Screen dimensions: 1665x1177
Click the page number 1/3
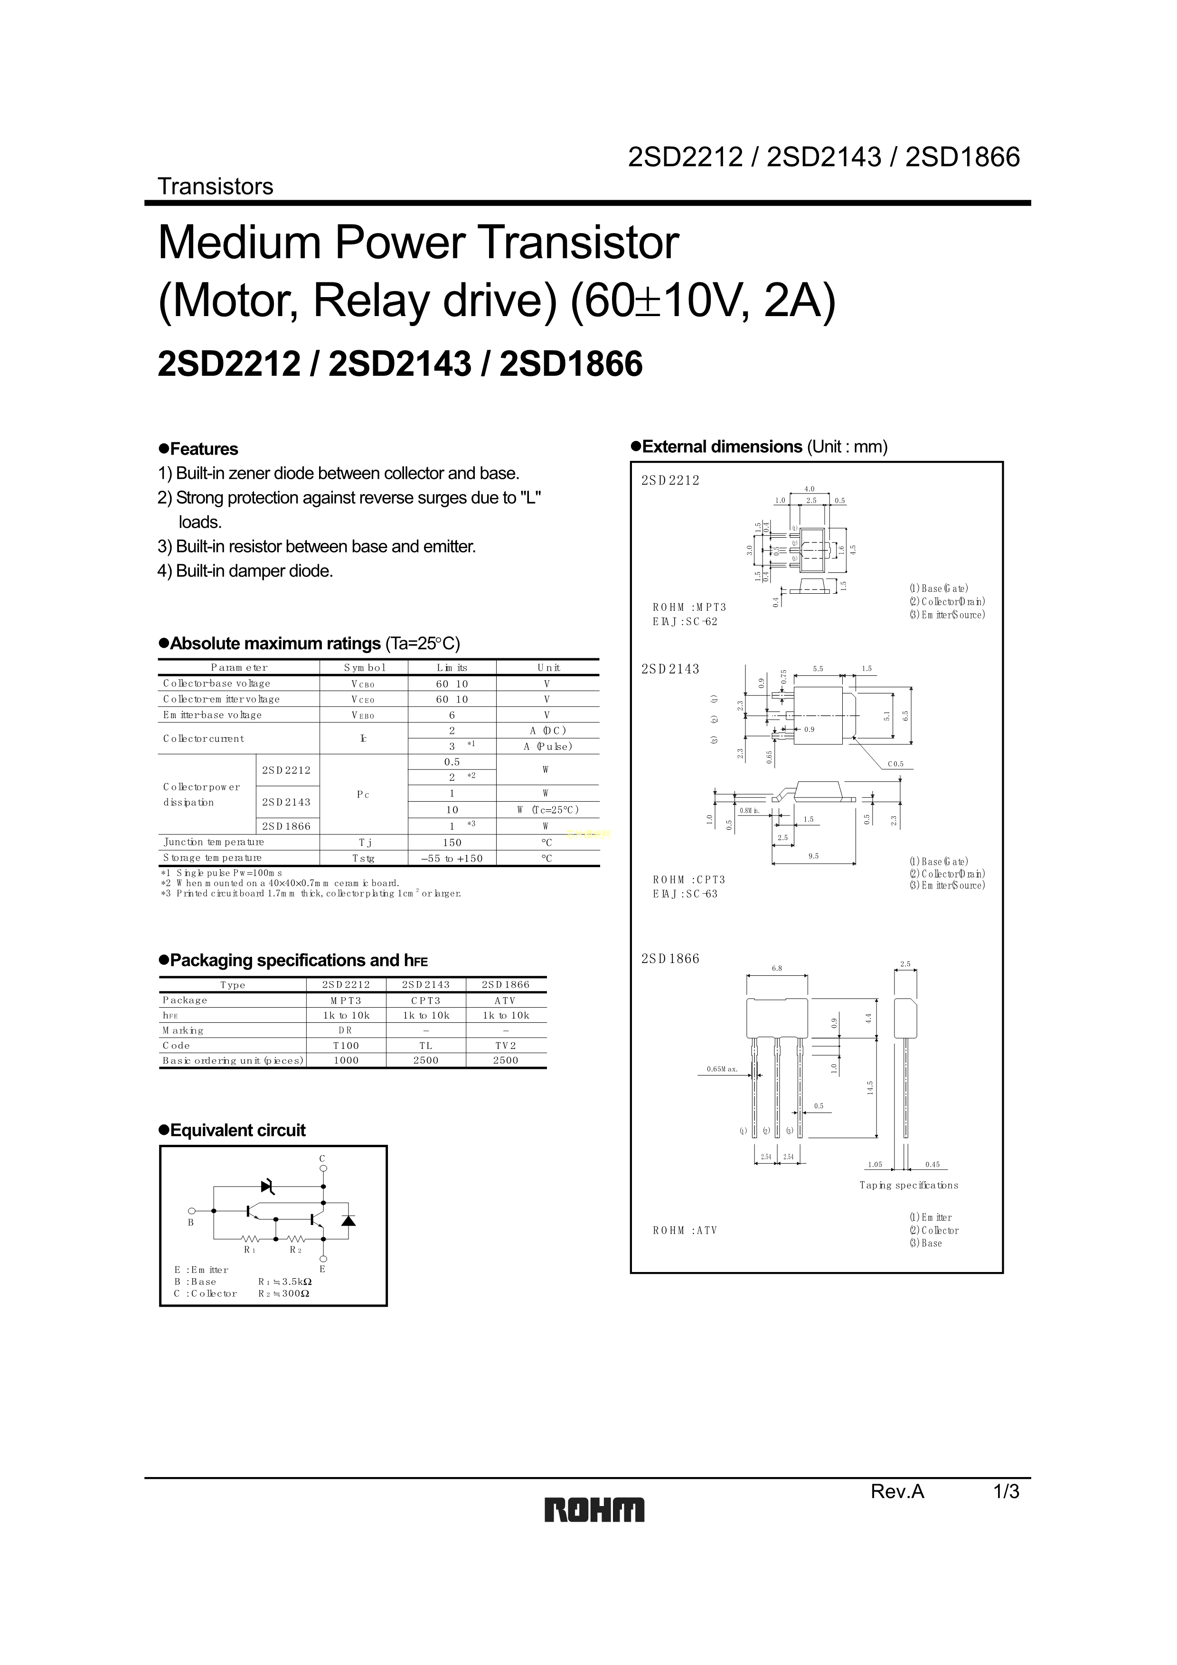1006,1491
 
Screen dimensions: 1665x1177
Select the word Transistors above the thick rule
216,187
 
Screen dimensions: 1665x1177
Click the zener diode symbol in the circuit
268,1187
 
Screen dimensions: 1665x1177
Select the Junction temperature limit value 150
452,842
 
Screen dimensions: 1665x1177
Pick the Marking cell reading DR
346,1030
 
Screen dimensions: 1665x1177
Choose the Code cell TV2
506,1046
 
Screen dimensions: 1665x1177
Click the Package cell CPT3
426,1001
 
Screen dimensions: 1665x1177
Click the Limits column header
452,668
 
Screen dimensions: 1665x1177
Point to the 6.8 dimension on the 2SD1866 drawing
777,968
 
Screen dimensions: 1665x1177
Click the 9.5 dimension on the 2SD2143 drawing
814,856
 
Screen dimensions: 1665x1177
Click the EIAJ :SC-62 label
685,621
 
